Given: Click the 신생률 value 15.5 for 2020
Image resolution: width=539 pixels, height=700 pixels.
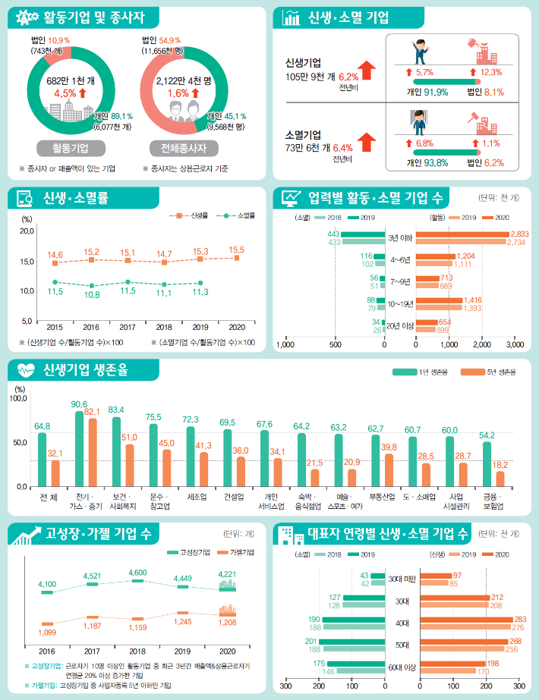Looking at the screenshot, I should pos(236,250).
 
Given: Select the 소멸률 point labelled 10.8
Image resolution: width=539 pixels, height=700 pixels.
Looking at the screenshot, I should pos(91,285).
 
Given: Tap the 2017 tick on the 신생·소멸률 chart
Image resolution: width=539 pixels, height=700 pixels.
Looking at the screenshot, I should pos(128,327).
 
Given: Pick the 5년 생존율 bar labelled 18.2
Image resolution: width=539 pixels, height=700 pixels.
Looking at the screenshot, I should pos(500,478).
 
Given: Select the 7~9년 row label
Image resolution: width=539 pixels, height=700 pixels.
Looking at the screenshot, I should pos(400,281).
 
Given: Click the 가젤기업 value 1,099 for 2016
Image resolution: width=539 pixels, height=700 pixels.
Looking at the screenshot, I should pos(47,632).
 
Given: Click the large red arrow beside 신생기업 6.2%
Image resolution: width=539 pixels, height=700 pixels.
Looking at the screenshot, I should pos(367,72).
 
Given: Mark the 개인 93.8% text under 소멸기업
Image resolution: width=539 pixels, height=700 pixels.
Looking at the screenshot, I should pos(427,162).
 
